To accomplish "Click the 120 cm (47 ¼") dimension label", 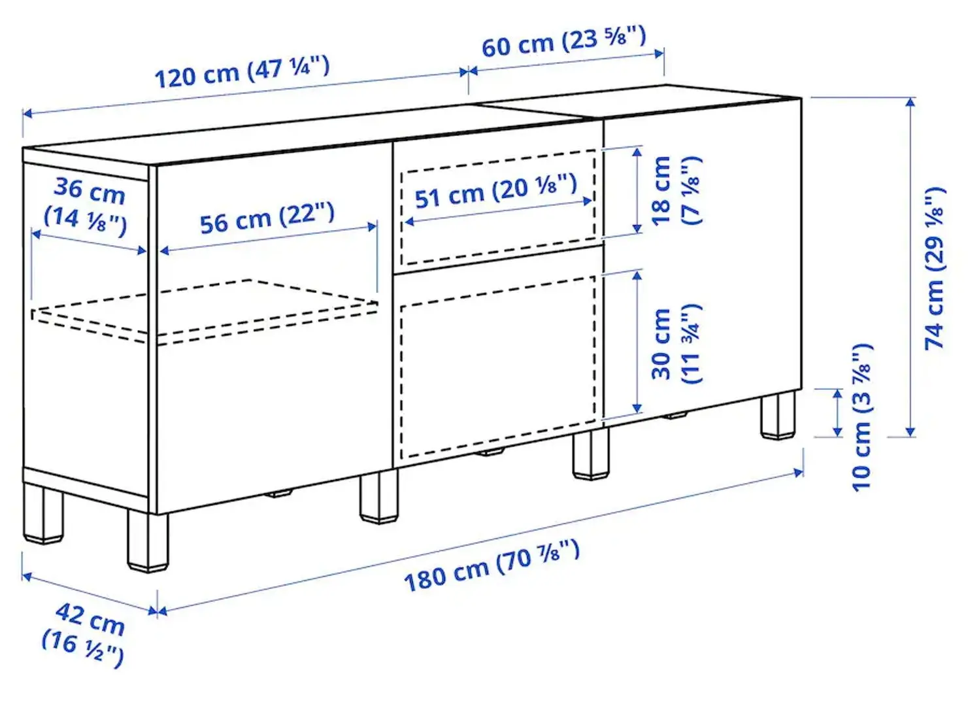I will click(242, 72).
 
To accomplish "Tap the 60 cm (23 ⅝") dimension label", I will click(563, 41).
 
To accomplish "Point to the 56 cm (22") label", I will click(267, 218).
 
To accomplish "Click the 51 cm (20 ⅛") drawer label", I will click(495, 191).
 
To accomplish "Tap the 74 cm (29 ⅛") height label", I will click(935, 268).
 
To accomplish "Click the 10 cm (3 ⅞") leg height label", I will click(861, 417).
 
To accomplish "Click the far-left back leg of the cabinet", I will click(43, 513).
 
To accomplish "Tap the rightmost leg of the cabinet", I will click(778, 415).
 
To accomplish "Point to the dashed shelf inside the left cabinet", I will click(204, 310).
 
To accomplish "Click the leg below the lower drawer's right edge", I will click(591, 454).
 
